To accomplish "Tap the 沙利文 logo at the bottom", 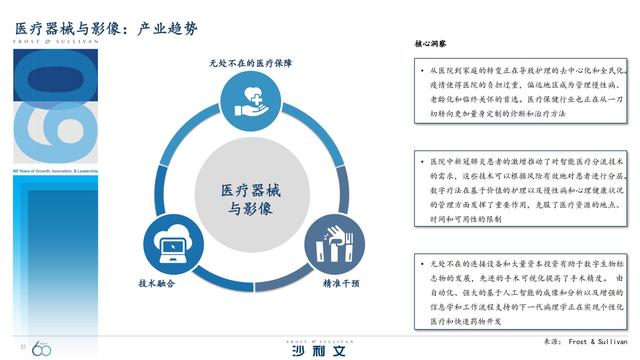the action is tap(319, 346).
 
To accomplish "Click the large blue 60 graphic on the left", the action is tap(66, 110).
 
